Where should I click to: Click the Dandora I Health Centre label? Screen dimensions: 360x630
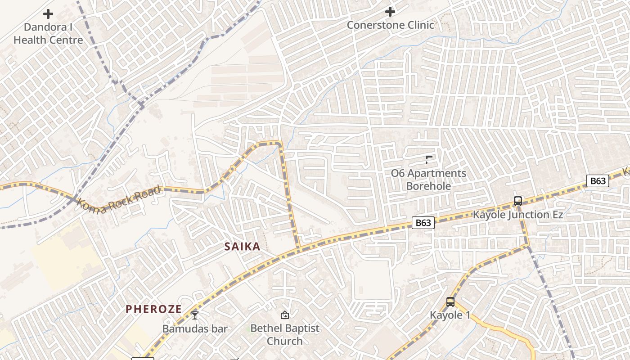pyautogui.click(x=48, y=34)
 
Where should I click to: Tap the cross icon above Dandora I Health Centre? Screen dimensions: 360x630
pyautogui.click(x=48, y=14)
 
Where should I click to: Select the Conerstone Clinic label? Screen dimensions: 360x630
pyautogui.click(x=390, y=25)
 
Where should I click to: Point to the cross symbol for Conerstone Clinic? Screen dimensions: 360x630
pyautogui.click(x=390, y=11)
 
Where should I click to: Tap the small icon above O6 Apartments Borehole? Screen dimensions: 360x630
pyautogui.click(x=428, y=159)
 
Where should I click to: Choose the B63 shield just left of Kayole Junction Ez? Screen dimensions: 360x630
pyautogui.click(x=423, y=223)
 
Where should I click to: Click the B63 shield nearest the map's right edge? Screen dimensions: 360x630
pyautogui.click(x=598, y=181)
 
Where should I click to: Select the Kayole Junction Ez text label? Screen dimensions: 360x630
pyautogui.click(x=517, y=215)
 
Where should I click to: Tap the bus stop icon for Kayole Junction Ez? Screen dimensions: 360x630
pyautogui.click(x=518, y=201)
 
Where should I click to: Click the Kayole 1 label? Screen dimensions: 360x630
pyautogui.click(x=450, y=315)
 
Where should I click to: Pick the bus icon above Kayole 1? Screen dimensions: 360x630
pyautogui.click(x=450, y=302)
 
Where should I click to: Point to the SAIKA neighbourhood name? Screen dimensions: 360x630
pyautogui.click(x=243, y=247)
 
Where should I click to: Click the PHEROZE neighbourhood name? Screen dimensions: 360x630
pyautogui.click(x=153, y=309)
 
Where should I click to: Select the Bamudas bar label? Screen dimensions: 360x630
pyautogui.click(x=195, y=328)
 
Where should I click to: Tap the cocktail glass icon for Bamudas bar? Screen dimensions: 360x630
pyautogui.click(x=195, y=315)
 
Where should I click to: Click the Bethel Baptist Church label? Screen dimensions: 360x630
pyautogui.click(x=284, y=334)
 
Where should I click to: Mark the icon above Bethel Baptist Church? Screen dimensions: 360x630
pyautogui.click(x=284, y=315)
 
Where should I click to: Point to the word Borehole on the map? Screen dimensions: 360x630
pyautogui.click(x=428, y=186)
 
